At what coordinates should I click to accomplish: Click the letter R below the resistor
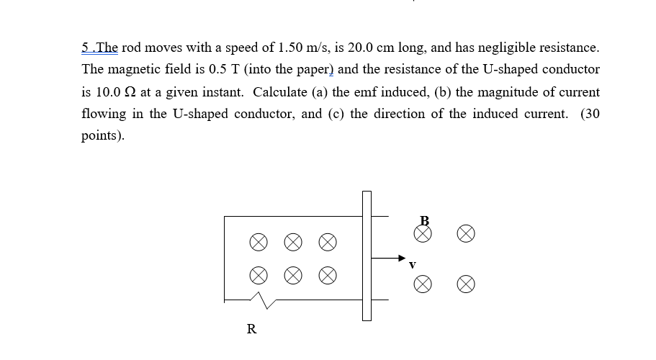click(x=251, y=330)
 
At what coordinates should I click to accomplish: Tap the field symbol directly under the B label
click(x=424, y=233)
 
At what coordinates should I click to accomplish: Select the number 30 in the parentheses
click(x=592, y=114)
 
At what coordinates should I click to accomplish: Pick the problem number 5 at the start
click(x=86, y=48)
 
